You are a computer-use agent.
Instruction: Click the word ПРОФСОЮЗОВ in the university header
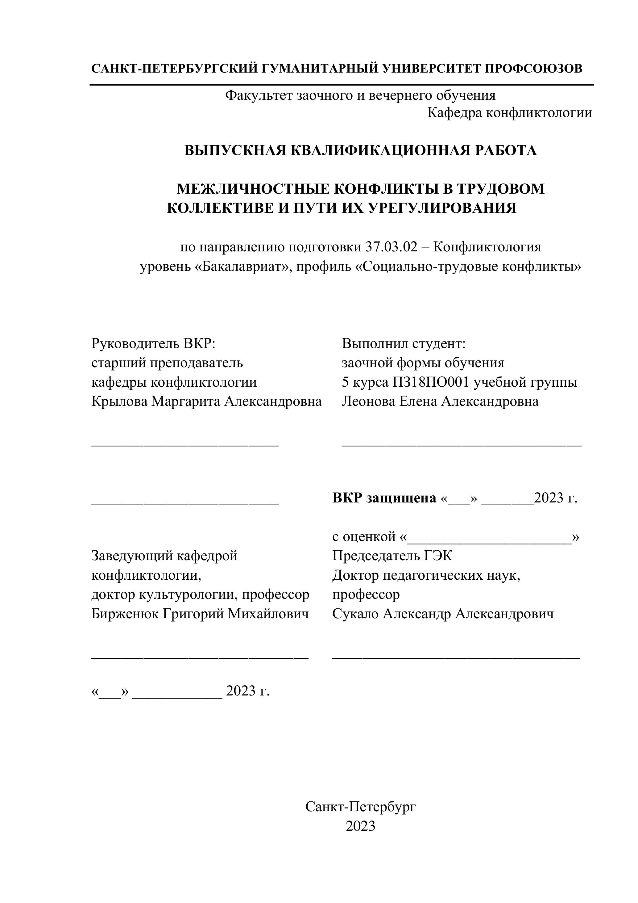pos(533,69)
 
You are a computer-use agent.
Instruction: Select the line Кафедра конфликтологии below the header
pos(510,113)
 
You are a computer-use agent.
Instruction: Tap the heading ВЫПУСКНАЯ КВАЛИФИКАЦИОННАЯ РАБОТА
pos(360,150)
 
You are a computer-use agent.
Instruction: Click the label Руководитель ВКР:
pos(154,344)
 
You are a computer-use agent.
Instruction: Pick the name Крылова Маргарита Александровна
pos(206,401)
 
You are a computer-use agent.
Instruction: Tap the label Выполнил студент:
pos(404,344)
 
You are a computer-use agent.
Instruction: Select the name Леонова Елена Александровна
pos(440,401)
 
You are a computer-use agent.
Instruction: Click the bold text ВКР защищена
pos(384,498)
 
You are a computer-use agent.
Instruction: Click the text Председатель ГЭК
pos(392,556)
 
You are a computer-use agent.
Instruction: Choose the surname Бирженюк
pos(124,614)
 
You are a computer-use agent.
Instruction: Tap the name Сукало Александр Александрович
pos(443,614)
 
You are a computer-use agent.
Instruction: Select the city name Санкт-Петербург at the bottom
pos(360,807)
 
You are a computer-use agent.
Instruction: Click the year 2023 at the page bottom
pos(360,826)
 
